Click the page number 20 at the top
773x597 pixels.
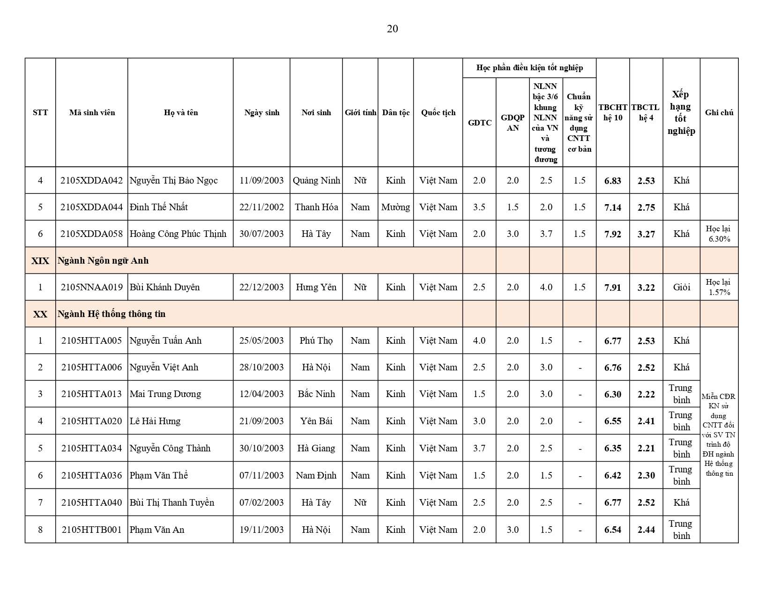tap(392, 29)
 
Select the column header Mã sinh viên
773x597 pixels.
tap(92, 112)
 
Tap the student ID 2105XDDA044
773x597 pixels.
tap(91, 207)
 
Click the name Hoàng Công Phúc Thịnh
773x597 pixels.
tap(178, 234)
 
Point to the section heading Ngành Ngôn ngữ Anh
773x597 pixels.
tap(103, 260)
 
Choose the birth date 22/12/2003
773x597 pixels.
tap(261, 287)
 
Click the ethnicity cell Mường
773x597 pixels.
tap(395, 207)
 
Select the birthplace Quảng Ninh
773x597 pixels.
tap(316, 180)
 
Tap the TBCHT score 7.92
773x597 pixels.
tap(612, 234)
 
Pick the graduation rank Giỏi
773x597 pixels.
tap(681, 287)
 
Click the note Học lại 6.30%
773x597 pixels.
tap(719, 234)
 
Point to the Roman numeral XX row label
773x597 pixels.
tap(40, 314)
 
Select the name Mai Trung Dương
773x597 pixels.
tap(165, 394)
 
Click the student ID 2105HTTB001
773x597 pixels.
tap(91, 530)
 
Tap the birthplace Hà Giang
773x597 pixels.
tap(316, 448)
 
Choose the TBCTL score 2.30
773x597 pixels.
tap(646, 476)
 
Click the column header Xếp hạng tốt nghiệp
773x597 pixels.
tap(681, 112)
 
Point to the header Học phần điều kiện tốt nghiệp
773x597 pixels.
tap(529, 68)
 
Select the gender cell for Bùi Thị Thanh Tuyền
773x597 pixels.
tap(360, 502)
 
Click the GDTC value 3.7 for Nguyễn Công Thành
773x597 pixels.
tap(479, 448)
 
